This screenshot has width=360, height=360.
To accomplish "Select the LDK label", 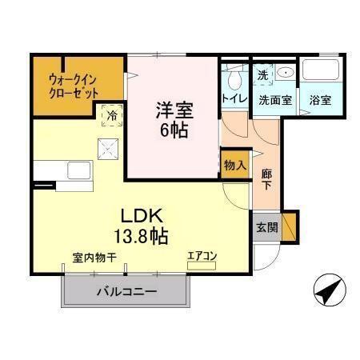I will coord(142,216).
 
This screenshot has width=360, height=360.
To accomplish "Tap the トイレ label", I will coord(234,100).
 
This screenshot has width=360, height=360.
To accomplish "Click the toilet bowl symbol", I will coord(234,80).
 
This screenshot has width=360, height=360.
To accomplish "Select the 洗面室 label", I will coord(274,101).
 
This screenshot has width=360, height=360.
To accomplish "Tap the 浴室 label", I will coord(321,101).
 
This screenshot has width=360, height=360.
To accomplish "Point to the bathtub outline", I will coord(322,72).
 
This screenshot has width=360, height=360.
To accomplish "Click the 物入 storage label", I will coord(234,165).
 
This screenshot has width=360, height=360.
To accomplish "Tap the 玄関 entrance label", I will coord(267,227).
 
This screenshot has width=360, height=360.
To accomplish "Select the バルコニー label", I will coord(127,292).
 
